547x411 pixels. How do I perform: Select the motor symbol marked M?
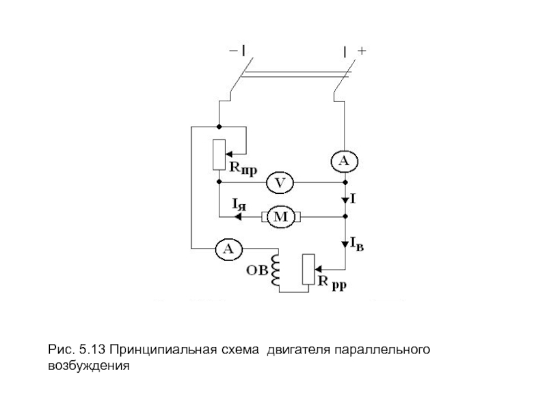(281, 217)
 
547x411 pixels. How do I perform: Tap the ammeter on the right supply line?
(345, 161)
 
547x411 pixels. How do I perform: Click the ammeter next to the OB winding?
(228, 249)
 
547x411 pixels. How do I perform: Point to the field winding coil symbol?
(275, 270)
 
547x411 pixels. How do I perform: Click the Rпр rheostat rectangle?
(219, 155)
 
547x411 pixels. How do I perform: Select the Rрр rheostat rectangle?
(308, 269)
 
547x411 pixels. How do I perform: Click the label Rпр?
(243, 168)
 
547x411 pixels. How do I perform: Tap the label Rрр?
(332, 283)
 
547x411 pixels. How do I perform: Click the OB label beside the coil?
(257, 270)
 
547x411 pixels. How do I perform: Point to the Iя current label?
(239, 204)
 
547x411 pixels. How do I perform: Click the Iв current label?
(357, 244)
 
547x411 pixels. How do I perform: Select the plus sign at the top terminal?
(362, 51)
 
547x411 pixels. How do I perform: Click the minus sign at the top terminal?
(232, 51)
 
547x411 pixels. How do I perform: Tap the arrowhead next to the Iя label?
(238, 217)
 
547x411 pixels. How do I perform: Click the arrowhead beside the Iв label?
(345, 244)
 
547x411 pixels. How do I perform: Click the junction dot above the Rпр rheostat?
(219, 127)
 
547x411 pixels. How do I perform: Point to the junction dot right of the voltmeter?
(345, 182)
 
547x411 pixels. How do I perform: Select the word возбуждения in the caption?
(89, 366)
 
